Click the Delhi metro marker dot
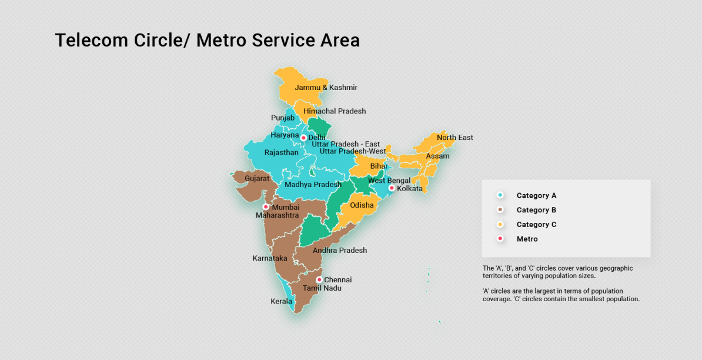303,138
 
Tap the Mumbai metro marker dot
266,207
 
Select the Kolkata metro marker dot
392,188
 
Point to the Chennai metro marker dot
319,279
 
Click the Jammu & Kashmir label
326,88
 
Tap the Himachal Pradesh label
335,111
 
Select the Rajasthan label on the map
281,152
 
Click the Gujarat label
257,178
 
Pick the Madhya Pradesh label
313,185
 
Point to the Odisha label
362,205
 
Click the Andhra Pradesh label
339,251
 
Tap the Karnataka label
270,258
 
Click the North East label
454,138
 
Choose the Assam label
437,156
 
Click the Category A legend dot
500,195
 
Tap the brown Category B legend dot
500,210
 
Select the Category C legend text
536,225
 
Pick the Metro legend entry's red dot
500,239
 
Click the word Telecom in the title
91,41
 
